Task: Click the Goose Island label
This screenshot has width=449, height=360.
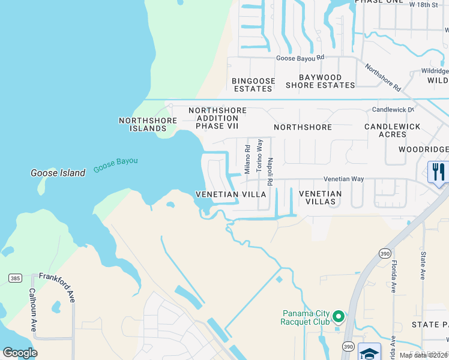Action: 58,173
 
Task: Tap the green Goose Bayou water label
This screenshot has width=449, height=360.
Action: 116,166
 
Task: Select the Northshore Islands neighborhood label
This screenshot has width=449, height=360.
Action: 148,124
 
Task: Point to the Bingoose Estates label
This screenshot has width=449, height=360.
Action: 253,85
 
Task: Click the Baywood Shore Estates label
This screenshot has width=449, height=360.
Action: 320,81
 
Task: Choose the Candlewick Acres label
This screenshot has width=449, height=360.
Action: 392,130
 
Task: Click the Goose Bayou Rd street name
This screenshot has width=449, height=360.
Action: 300,58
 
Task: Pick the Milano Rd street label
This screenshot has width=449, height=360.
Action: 247,158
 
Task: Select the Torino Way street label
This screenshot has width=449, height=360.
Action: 259,156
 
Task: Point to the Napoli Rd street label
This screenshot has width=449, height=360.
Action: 271,163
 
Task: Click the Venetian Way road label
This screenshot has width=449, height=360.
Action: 344,179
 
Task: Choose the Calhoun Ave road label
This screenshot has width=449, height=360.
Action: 32,310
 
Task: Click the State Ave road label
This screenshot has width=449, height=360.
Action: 422,266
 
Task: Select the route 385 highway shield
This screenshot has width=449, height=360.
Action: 16,278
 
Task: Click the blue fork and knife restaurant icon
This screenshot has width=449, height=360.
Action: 438,172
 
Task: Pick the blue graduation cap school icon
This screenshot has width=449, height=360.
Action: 369,352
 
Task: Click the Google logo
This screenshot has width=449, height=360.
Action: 20,353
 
